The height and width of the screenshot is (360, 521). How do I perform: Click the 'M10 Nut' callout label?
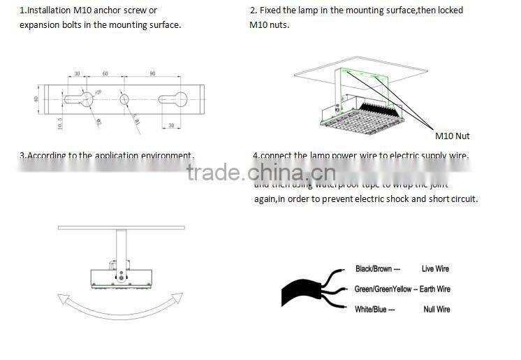tap(452, 136)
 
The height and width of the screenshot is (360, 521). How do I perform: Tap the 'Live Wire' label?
tap(435, 268)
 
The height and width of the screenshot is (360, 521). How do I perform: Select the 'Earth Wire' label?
tap(434, 289)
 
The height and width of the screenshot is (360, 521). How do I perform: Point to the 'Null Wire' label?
tap(436, 309)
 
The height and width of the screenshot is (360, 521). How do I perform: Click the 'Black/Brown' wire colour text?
tap(374, 268)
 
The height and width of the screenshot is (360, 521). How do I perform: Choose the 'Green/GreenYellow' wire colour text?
tap(382, 289)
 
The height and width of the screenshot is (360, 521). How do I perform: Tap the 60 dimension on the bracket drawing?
tap(105, 73)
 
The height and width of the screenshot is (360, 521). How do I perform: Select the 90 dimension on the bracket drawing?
tap(152, 73)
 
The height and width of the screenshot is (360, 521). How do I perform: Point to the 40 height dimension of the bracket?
tap(36, 99)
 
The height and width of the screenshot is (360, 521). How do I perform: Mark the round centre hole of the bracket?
tap(124, 99)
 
